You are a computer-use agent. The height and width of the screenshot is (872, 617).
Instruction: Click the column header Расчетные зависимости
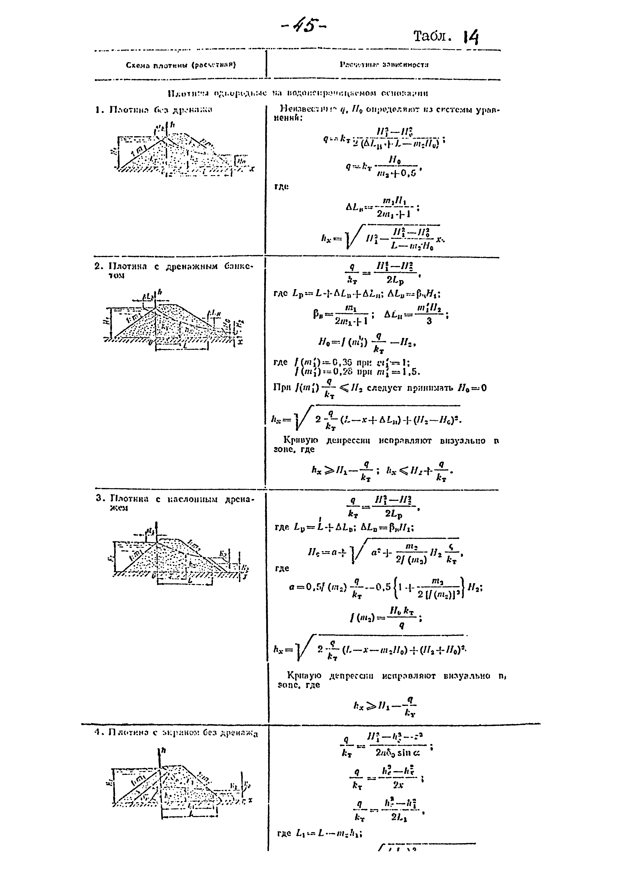coord(384,65)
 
